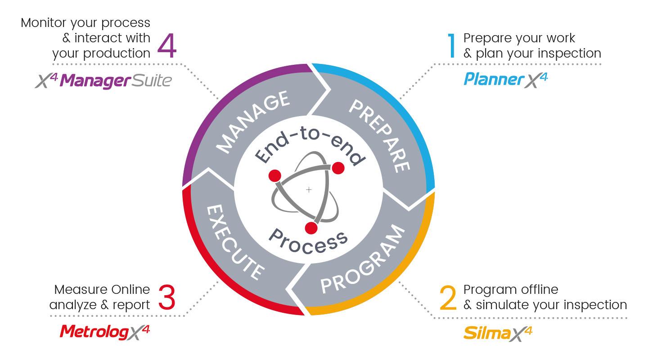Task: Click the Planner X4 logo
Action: (505, 80)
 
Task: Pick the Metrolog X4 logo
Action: (104, 332)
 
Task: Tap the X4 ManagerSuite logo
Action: (103, 81)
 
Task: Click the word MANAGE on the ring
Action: (253, 121)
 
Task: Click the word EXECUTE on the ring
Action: (234, 243)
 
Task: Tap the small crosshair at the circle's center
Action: (309, 190)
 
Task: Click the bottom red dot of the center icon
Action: (311, 228)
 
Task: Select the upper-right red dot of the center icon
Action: (338, 168)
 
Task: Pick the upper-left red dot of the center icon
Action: (274, 175)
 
